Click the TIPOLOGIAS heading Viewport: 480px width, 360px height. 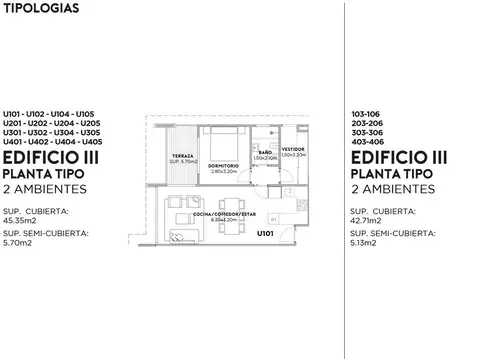pos(38,9)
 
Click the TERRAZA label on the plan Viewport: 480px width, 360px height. pos(182,158)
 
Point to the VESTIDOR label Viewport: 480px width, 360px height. pos(293,149)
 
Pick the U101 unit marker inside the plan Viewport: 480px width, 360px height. pos(265,233)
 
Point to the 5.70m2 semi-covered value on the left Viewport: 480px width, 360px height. pos(18,242)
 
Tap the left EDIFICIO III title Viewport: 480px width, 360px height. pos(45,157)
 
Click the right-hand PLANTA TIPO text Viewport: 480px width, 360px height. pos(392,172)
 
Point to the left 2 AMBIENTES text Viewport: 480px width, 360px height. pos(45,188)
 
